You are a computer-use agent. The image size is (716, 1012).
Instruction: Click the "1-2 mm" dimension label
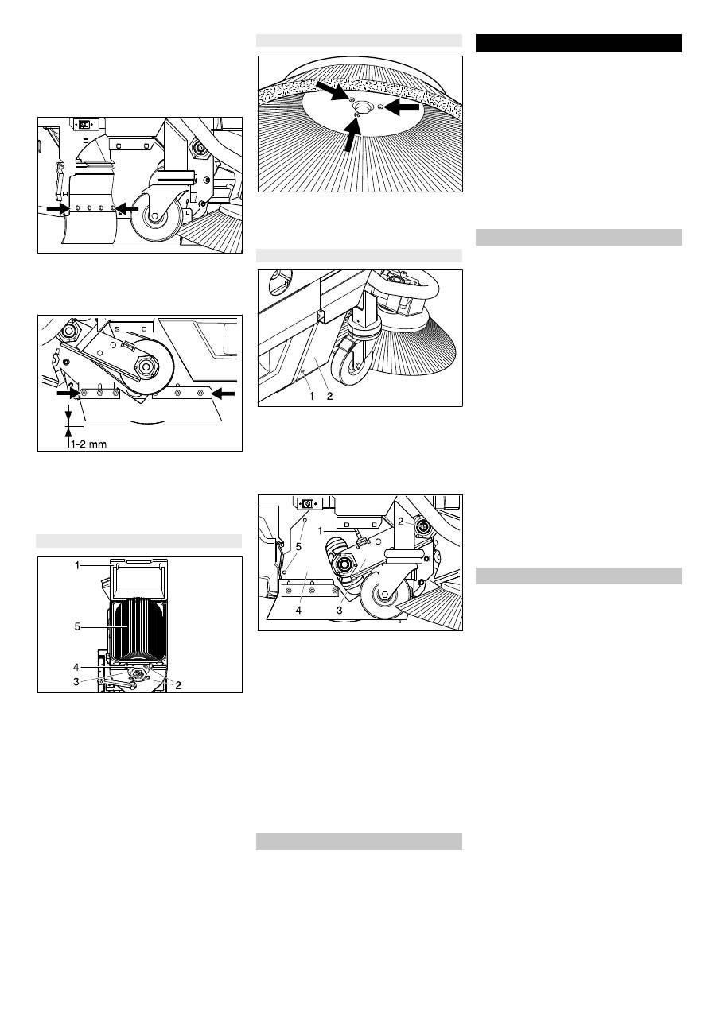click(x=88, y=444)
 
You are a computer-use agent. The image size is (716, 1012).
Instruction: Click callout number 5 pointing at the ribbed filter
click(x=77, y=626)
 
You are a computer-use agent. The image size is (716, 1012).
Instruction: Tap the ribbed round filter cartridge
click(x=137, y=629)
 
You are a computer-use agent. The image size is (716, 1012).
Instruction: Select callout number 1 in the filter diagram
click(x=77, y=565)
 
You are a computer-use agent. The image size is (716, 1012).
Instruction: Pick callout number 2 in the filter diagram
click(x=178, y=685)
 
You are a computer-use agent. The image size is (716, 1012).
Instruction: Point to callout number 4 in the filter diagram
click(x=76, y=667)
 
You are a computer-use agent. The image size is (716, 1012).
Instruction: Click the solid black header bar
click(x=578, y=44)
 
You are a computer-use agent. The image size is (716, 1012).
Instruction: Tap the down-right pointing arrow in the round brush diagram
click(x=333, y=91)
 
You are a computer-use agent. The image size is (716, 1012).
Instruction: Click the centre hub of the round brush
click(x=362, y=107)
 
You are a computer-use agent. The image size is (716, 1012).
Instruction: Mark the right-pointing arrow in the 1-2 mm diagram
click(x=68, y=394)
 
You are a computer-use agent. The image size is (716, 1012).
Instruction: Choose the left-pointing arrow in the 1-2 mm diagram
click(x=224, y=394)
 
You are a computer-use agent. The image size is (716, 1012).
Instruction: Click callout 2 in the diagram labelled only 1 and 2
click(x=329, y=396)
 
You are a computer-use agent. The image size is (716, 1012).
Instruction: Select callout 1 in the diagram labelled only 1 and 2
click(x=311, y=396)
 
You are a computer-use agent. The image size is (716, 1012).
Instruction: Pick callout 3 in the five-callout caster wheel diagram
click(x=340, y=611)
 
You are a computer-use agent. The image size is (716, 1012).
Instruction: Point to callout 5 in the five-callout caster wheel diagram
click(x=298, y=547)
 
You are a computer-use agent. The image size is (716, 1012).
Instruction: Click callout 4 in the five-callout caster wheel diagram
click(x=298, y=611)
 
